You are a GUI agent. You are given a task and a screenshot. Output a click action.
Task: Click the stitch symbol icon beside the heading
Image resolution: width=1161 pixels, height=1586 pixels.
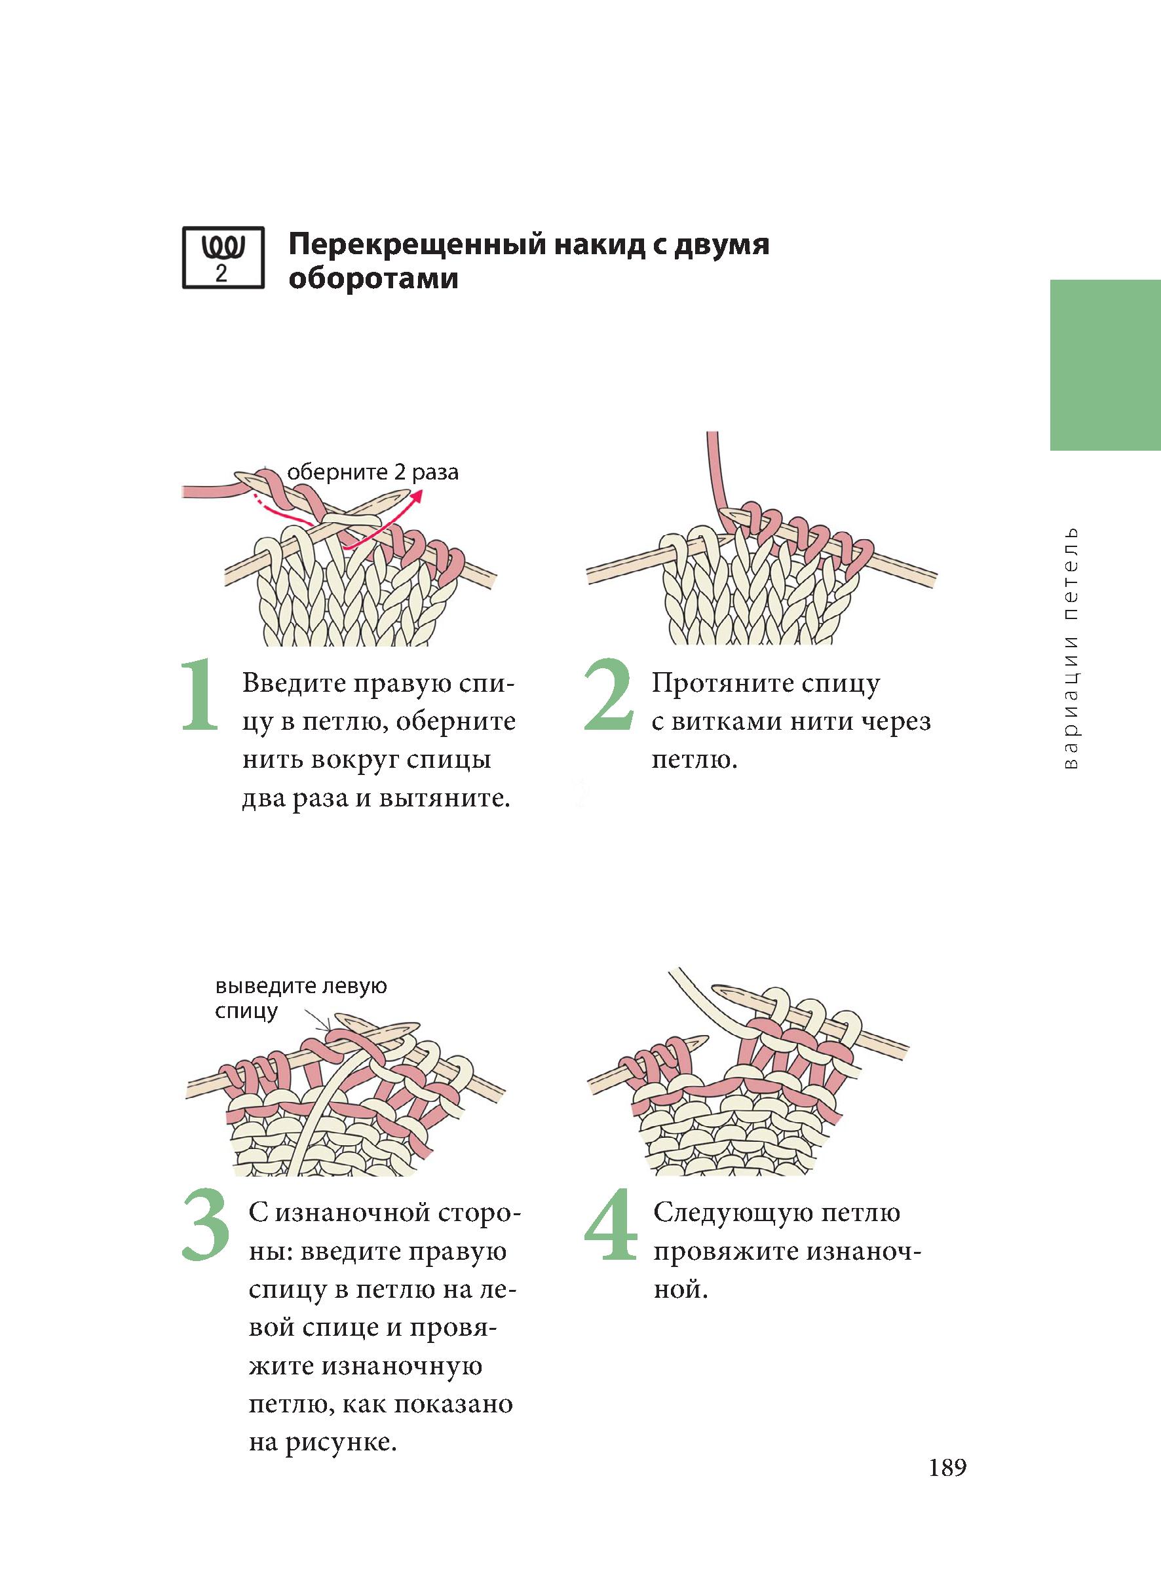point(223,257)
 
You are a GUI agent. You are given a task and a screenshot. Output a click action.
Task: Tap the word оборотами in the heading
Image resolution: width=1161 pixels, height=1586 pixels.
point(374,279)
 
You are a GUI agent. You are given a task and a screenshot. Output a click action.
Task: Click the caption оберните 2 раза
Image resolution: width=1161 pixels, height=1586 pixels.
point(373,472)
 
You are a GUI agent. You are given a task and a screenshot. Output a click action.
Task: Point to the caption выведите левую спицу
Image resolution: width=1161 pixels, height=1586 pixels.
point(301,998)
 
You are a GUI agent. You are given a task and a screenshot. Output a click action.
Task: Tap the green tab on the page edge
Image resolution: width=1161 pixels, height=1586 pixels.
point(1105,365)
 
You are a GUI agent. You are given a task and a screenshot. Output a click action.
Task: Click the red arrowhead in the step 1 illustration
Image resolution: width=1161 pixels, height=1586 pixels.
point(419,497)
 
